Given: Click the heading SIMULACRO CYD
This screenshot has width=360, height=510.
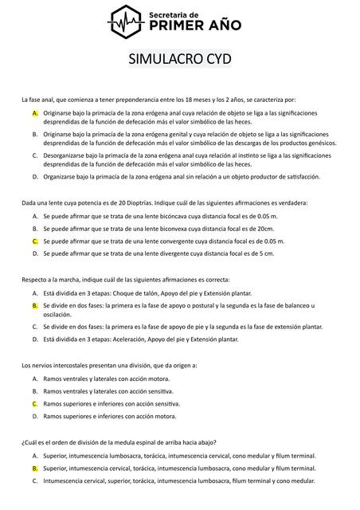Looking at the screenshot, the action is [180, 60].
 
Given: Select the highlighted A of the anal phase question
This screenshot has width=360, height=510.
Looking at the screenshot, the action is [35, 113].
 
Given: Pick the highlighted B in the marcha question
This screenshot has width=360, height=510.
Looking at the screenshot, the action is [35, 306].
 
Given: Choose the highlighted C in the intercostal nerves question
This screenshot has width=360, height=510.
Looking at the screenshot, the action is [35, 404].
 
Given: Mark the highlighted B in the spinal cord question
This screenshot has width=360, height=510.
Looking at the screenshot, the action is [35, 469].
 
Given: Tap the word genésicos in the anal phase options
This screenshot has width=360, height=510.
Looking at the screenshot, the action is [319, 143].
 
